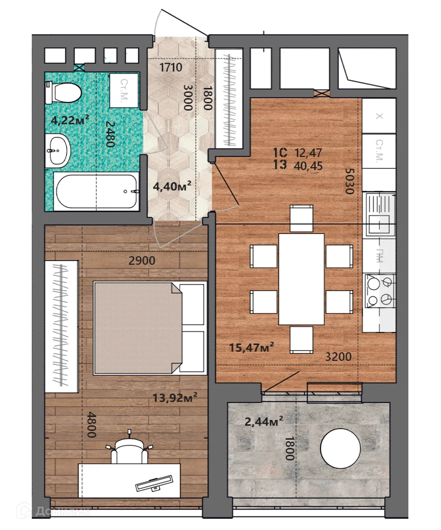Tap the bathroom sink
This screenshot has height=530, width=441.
click(x=57, y=151)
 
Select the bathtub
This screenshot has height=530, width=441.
click(x=96, y=191)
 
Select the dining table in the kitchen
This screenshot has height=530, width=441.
click(x=302, y=279)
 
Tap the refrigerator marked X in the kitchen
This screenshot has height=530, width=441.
click(x=378, y=116)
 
